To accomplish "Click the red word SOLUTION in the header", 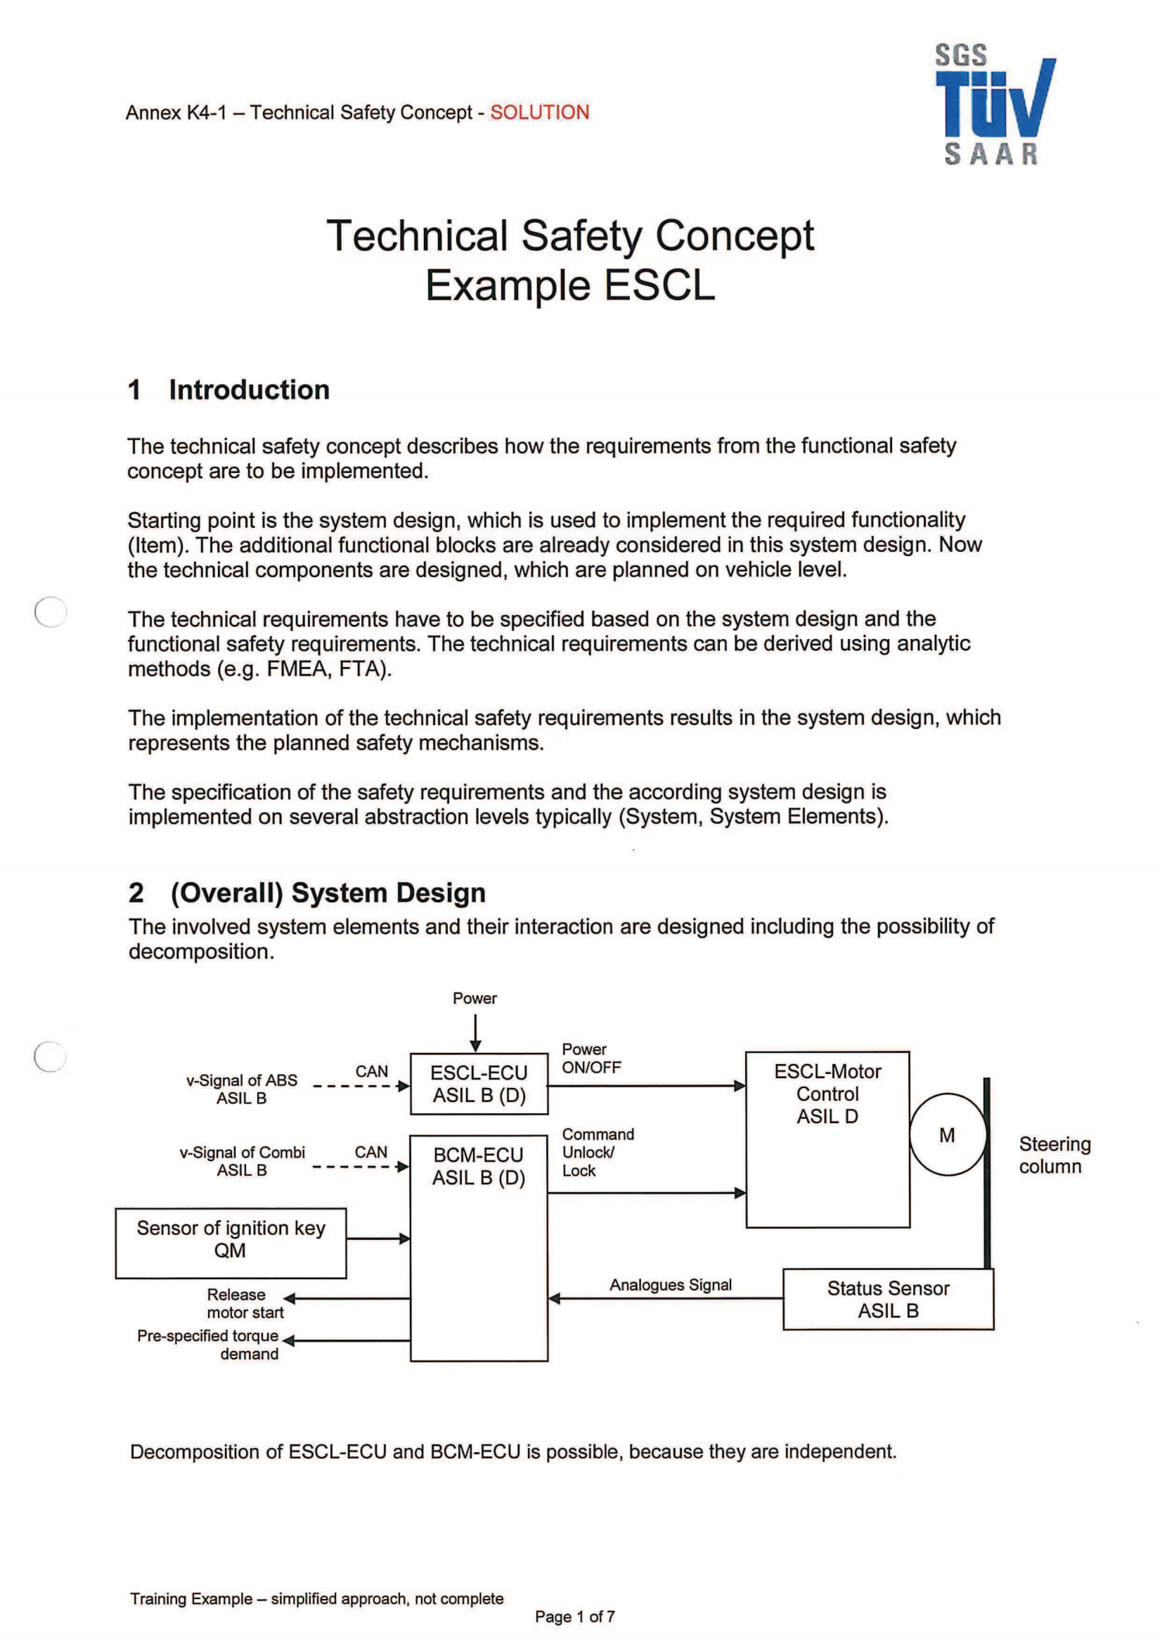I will pos(539,112).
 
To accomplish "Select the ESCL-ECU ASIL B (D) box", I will pos(479,1083).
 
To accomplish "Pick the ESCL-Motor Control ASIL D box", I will pos(827,1139).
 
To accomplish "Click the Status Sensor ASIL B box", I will pos(888,1299).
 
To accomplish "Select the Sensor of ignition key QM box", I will pos(231,1242).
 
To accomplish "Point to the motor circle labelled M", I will pos(947,1135).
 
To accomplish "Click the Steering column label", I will pos(1054,1155).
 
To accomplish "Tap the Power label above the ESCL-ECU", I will pos(475,998).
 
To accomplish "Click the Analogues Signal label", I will pos(670,1285).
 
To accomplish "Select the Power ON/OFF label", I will pos(590,1059).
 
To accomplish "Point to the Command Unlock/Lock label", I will pos(597,1152).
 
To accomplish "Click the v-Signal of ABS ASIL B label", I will pos(242,1089).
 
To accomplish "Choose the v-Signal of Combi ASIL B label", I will pos(242,1161).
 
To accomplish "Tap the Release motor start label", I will pos(245,1303).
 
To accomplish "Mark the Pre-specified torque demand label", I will pos(208,1345).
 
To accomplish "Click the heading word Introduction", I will pos(249,390).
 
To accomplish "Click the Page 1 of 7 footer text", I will pos(574,1617).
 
